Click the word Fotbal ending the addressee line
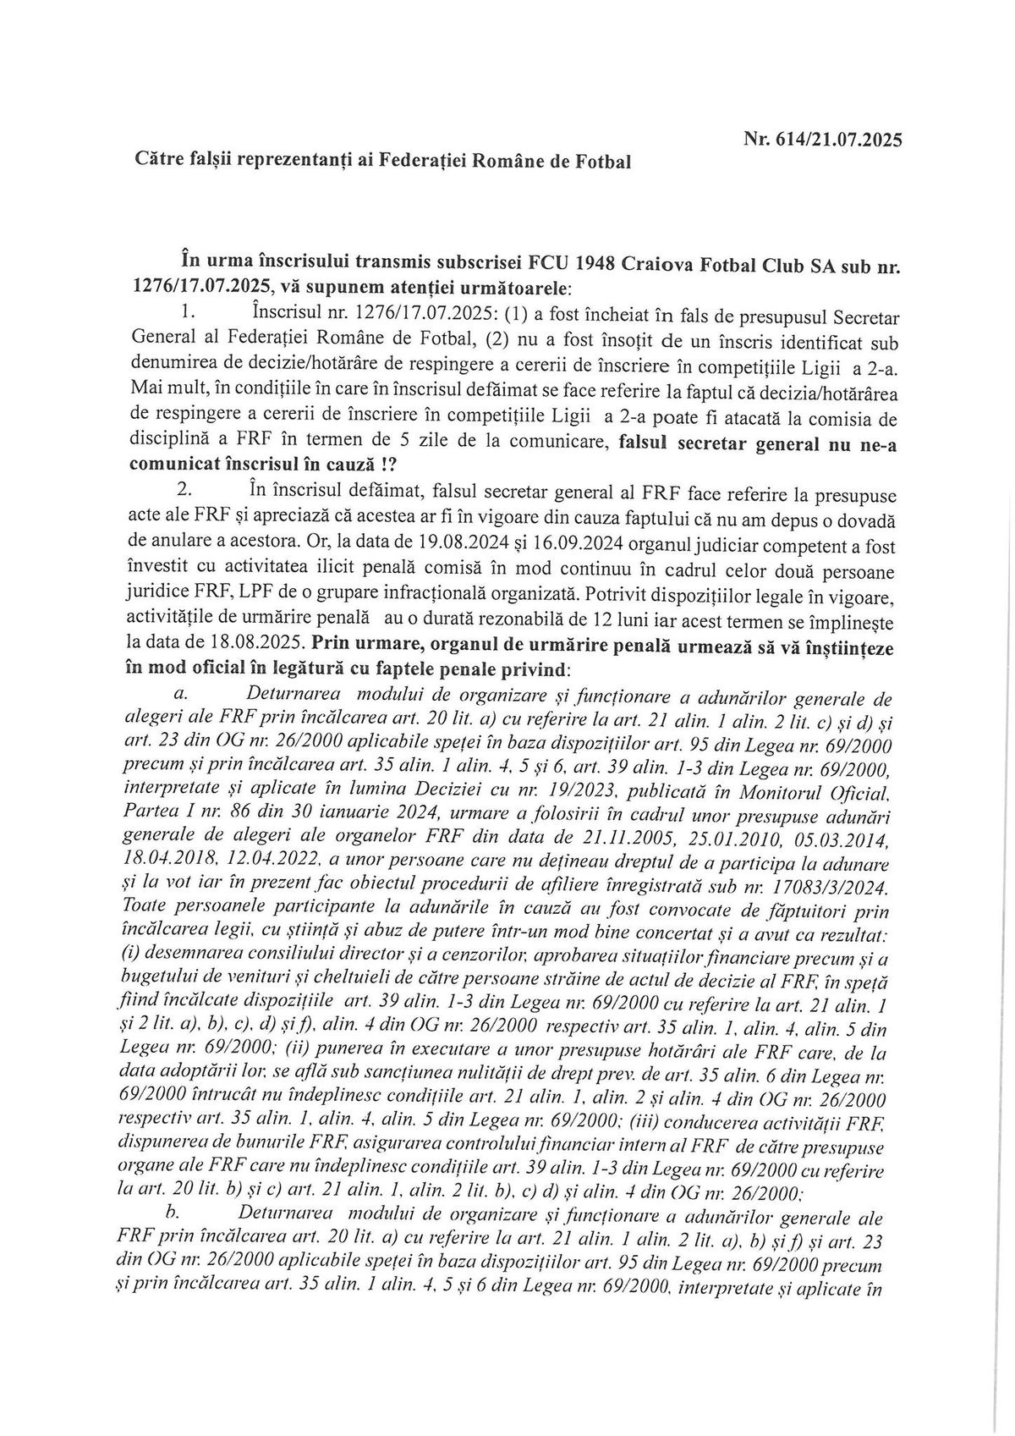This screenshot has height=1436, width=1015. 602,161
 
